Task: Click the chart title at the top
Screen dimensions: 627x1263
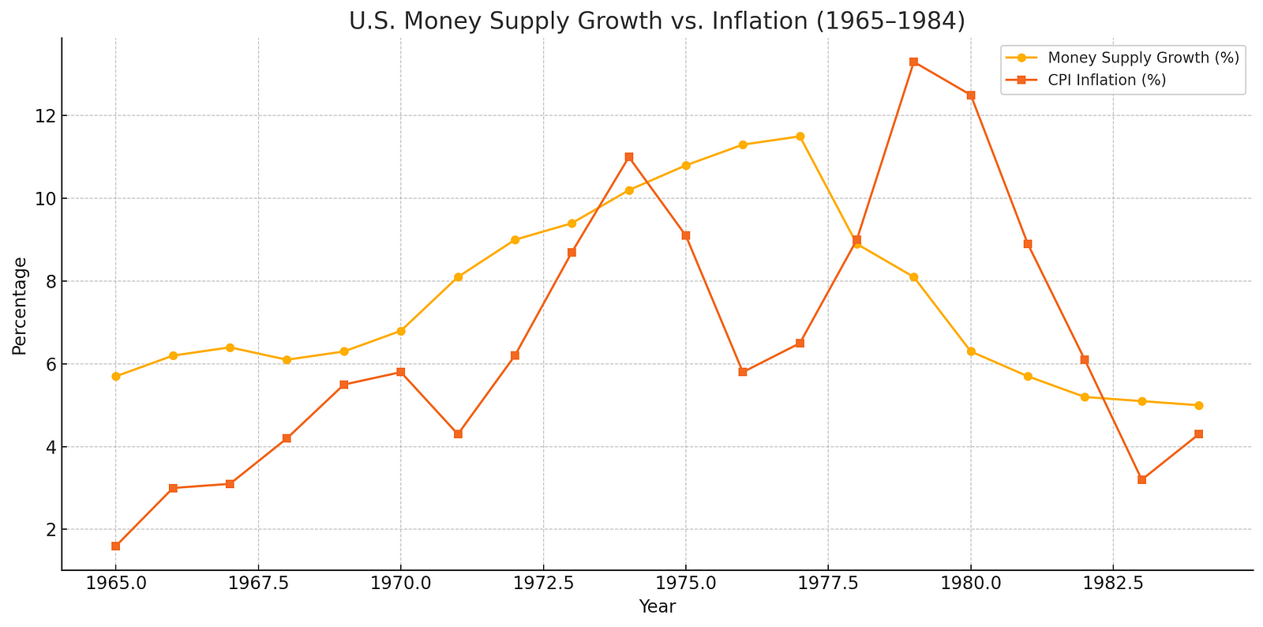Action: pyautogui.click(x=657, y=21)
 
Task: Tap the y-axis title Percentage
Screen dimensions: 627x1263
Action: pyautogui.click(x=20, y=306)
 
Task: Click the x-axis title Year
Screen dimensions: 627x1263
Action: pyautogui.click(x=657, y=606)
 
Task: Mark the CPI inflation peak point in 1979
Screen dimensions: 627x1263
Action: pyautogui.click(x=913, y=62)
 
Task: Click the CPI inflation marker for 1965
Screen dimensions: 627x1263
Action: pyautogui.click(x=115, y=546)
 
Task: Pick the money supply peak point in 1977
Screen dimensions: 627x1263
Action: pyautogui.click(x=800, y=137)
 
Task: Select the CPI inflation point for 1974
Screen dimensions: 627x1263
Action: pyautogui.click(x=628, y=157)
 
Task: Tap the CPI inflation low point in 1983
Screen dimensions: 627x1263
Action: pyautogui.click(x=1141, y=479)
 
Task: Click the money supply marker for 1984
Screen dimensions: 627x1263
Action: pyautogui.click(x=1198, y=405)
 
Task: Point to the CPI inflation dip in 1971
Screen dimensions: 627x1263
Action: pyautogui.click(x=458, y=434)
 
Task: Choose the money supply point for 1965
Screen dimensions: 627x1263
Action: pyautogui.click(x=115, y=377)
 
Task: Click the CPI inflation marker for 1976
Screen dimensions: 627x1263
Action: pyautogui.click(x=743, y=372)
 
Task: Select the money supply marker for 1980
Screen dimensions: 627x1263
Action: pyautogui.click(x=971, y=351)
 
